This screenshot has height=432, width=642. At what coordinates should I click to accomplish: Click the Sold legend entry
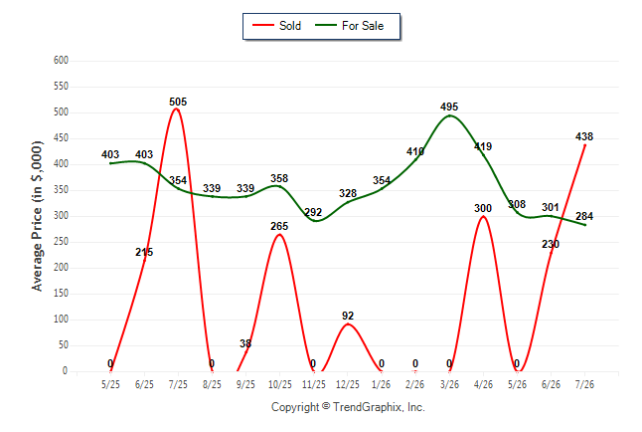pos(277,26)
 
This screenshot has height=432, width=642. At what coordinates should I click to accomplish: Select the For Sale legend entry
pos(349,26)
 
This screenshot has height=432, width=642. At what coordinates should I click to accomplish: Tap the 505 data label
pos(178,102)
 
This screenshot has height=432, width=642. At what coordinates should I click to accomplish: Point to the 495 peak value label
pos(449,107)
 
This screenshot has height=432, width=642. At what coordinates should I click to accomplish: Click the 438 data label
pos(584,136)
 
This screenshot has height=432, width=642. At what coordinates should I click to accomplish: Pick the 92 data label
pos(348,316)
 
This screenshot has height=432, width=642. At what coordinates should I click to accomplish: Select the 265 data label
pos(279,226)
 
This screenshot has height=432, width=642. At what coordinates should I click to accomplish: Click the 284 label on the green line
pos(584,216)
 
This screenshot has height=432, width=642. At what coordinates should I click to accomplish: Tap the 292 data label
pos(313,212)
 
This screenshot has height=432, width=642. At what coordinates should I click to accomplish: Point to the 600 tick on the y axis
pos(61,61)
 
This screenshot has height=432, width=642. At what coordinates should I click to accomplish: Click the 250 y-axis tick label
pos(61,242)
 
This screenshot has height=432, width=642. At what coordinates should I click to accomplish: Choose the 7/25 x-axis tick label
pos(178,384)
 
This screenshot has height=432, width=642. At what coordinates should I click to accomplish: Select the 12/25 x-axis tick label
pos(347,384)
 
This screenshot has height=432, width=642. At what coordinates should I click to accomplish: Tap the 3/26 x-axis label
pos(449,384)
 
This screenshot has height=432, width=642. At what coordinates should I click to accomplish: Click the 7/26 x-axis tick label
pos(584,384)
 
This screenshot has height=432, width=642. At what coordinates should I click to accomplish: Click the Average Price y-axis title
pos(37,216)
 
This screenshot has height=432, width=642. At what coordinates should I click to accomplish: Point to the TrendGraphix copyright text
pos(348,407)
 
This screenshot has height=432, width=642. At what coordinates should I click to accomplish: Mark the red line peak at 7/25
pos(177,109)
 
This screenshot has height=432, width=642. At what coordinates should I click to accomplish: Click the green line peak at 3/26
pos(449,115)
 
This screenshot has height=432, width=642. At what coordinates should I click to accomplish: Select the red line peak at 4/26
pos(484,216)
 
